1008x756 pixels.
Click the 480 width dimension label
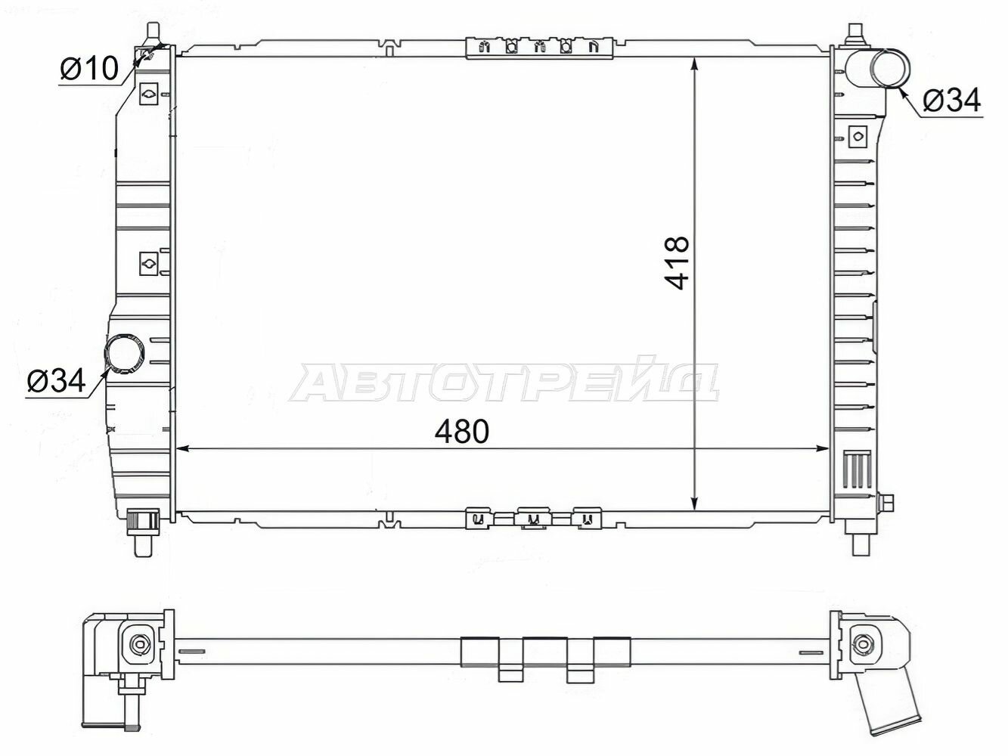tap(461, 432)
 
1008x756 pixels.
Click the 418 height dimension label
tap(677, 263)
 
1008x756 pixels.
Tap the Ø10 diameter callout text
tap(89, 69)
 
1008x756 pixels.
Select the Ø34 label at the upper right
tap(951, 100)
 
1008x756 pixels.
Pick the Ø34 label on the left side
tap(56, 380)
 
